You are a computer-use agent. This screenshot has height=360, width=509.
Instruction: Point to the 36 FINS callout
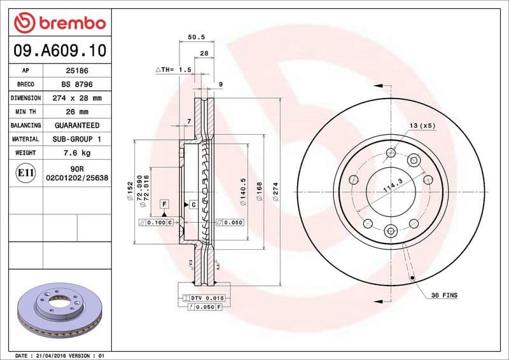(x=444, y=295)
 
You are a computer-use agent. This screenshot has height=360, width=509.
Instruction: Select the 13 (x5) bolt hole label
(x=422, y=126)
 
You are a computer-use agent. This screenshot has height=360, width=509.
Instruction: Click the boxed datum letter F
(x=164, y=204)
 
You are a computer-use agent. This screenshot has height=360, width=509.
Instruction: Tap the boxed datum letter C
(x=193, y=204)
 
